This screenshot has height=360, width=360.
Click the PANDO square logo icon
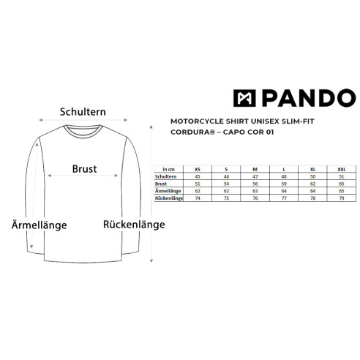(x=244, y=98)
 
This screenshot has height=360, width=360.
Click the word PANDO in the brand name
(x=309, y=98)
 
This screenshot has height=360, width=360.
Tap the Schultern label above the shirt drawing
(x=83, y=112)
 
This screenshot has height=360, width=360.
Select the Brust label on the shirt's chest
(x=84, y=169)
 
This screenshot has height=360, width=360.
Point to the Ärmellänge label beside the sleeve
(x=40, y=225)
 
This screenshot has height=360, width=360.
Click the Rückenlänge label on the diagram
(x=134, y=224)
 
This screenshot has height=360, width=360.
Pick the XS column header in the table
(x=198, y=169)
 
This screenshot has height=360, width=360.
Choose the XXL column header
(x=342, y=169)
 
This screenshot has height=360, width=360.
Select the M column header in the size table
(x=255, y=169)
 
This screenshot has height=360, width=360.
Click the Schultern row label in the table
(x=165, y=176)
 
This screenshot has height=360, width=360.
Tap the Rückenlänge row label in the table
(x=169, y=198)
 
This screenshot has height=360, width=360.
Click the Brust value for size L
(x=284, y=184)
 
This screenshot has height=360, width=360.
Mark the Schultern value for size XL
(x=312, y=176)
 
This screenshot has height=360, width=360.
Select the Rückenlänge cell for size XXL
(x=342, y=198)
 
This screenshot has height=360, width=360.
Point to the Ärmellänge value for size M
(x=255, y=191)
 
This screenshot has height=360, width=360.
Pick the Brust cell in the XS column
(x=198, y=184)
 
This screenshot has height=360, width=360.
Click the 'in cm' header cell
(x=168, y=169)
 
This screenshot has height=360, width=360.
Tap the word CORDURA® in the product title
(x=193, y=132)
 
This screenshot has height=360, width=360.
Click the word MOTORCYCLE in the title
(x=197, y=121)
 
